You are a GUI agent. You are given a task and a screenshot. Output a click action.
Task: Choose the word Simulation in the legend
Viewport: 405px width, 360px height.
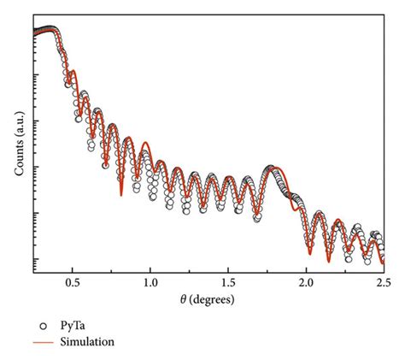pyautogui.click(x=86, y=342)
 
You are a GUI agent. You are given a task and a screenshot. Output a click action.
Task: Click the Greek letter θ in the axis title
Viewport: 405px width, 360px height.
pyautogui.click(x=182, y=300)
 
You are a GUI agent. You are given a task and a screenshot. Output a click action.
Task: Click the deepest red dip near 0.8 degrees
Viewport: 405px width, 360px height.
pyautogui.click(x=121, y=195)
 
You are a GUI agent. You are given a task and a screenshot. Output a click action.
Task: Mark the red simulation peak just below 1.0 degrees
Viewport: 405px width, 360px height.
pyautogui.click(x=146, y=143)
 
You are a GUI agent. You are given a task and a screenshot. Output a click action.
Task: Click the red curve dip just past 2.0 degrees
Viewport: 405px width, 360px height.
pyautogui.click(x=309, y=253)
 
